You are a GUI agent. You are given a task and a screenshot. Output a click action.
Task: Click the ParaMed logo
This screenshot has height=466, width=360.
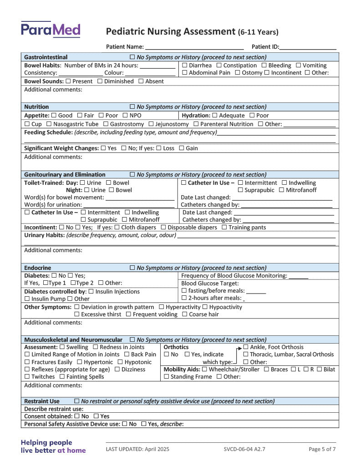(51, 30)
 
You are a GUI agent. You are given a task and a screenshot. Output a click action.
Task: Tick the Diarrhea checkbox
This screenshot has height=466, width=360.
(185, 66)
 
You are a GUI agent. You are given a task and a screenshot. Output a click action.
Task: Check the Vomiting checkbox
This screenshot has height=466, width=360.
(299, 66)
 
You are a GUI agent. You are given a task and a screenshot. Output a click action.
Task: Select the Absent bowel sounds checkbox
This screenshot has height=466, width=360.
(141, 81)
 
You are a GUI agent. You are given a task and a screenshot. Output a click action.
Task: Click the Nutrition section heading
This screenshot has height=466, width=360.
(36, 107)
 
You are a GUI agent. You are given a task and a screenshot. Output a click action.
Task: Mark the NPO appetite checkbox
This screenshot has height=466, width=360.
(125, 116)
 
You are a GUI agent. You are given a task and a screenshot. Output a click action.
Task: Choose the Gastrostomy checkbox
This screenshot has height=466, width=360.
(106, 124)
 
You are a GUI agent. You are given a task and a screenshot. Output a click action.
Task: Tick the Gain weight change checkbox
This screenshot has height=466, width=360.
(182, 148)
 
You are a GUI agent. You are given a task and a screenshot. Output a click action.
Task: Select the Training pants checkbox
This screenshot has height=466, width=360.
(224, 228)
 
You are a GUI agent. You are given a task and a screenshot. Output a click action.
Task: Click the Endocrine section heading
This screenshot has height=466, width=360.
(37, 268)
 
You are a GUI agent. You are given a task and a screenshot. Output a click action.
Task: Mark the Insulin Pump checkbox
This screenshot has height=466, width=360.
(27, 299)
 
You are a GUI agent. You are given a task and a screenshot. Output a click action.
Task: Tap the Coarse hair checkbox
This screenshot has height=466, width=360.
(185, 314)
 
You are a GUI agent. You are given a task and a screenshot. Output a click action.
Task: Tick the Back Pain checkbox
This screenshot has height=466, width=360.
(127, 355)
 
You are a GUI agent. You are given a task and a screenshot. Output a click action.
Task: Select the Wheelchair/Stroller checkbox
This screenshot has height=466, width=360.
(205, 370)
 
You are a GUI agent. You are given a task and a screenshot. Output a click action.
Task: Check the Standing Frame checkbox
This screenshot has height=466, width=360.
(167, 377)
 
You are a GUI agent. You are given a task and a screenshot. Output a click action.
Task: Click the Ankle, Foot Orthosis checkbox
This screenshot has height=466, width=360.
(246, 347)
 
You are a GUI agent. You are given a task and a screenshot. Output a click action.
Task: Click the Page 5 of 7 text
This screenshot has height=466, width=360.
(322, 449)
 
